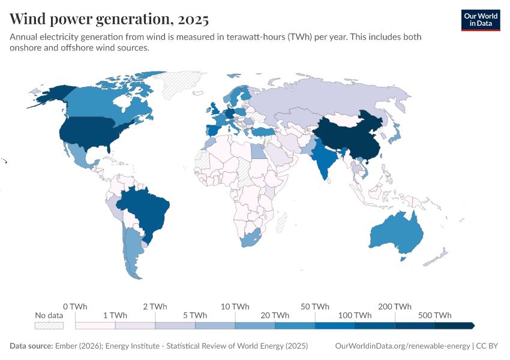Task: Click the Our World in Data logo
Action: click(x=480, y=20)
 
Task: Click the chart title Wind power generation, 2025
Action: click(x=109, y=19)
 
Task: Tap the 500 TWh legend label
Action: click(x=435, y=315)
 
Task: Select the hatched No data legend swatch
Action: click(x=49, y=325)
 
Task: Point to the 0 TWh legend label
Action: click(x=75, y=307)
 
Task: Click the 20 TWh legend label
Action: click(x=275, y=315)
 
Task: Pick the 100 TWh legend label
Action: click(x=355, y=315)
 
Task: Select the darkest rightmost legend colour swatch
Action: click(x=454, y=325)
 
